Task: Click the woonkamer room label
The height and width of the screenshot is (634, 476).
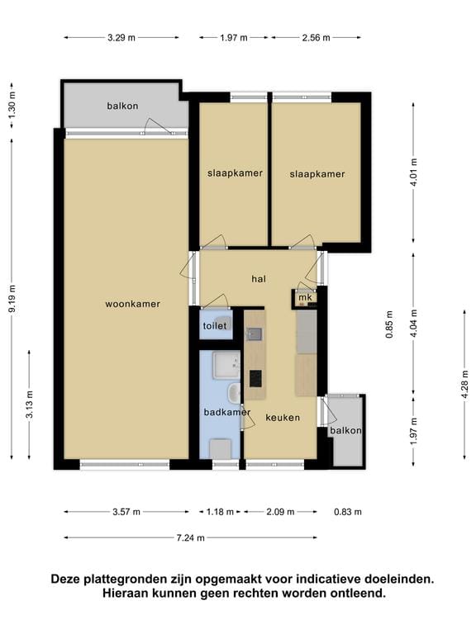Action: point(133,304)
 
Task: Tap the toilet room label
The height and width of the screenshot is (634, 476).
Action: point(215,325)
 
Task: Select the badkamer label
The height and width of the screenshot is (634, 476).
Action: point(227,413)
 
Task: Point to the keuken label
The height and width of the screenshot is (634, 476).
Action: point(283,418)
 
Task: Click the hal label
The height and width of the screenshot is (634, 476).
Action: point(259,279)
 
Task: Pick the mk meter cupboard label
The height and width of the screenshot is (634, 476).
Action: point(305,297)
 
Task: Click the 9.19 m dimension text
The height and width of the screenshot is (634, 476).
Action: point(12,298)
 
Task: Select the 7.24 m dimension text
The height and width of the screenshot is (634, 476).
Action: point(191,537)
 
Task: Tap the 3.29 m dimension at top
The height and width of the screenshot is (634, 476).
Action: point(121,38)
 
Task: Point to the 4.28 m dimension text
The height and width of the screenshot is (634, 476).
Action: point(464,384)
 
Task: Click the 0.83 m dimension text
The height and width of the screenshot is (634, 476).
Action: point(348,512)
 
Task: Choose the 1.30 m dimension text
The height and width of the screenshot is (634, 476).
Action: point(12,105)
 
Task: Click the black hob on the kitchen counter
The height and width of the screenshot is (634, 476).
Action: point(255,378)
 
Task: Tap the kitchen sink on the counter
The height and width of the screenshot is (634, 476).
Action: point(255,334)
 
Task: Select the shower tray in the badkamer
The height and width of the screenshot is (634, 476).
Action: point(226,365)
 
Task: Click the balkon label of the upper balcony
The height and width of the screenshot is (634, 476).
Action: point(122,106)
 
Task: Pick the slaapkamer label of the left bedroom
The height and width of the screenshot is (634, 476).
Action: point(236,173)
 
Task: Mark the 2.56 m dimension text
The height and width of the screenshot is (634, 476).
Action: point(317,38)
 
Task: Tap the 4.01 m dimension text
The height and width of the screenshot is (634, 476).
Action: point(413,173)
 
